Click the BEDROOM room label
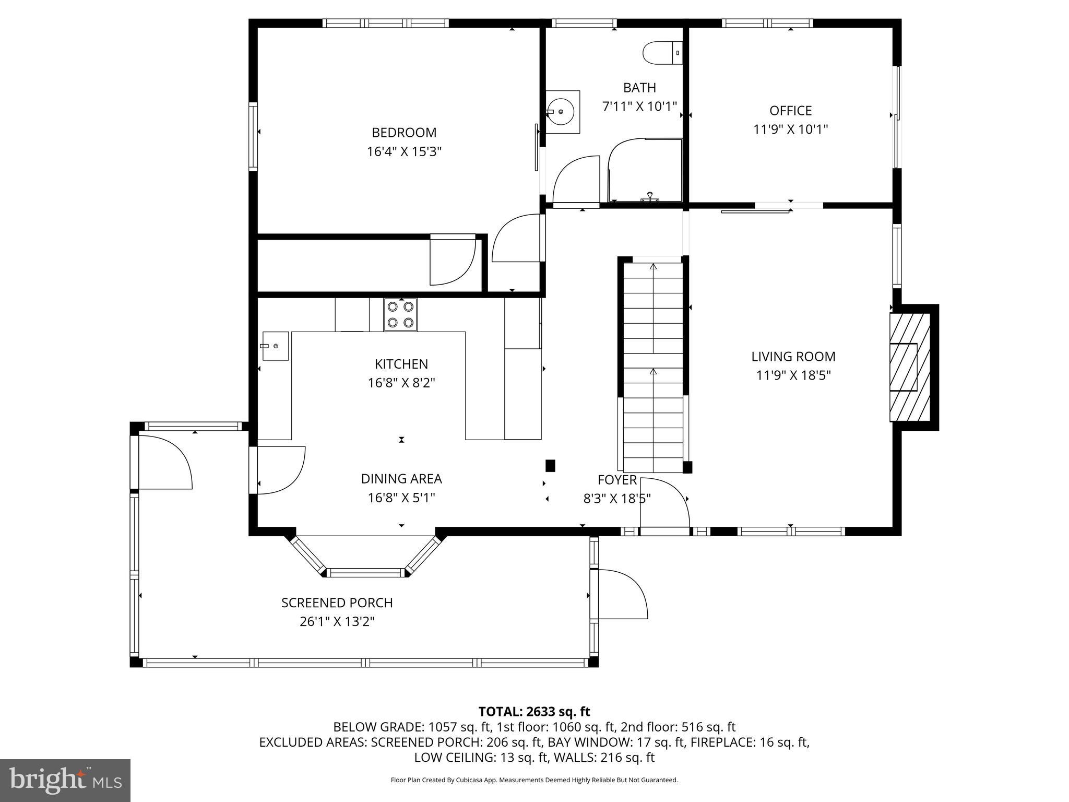[x=403, y=133]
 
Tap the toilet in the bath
[x=662, y=53]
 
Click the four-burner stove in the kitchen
[x=400, y=314]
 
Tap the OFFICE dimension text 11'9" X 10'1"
[x=790, y=129]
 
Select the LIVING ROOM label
[x=793, y=357]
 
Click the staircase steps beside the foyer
[x=653, y=365]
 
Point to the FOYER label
[x=617, y=480]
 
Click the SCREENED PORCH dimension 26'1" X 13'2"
[x=337, y=622]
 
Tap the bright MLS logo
[x=65, y=781]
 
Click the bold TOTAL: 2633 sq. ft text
[x=534, y=712]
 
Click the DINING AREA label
[x=401, y=479]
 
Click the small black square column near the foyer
[x=550, y=465]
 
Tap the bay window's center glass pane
[x=366, y=573]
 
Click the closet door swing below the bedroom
[x=452, y=261]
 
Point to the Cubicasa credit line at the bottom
[x=534, y=780]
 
